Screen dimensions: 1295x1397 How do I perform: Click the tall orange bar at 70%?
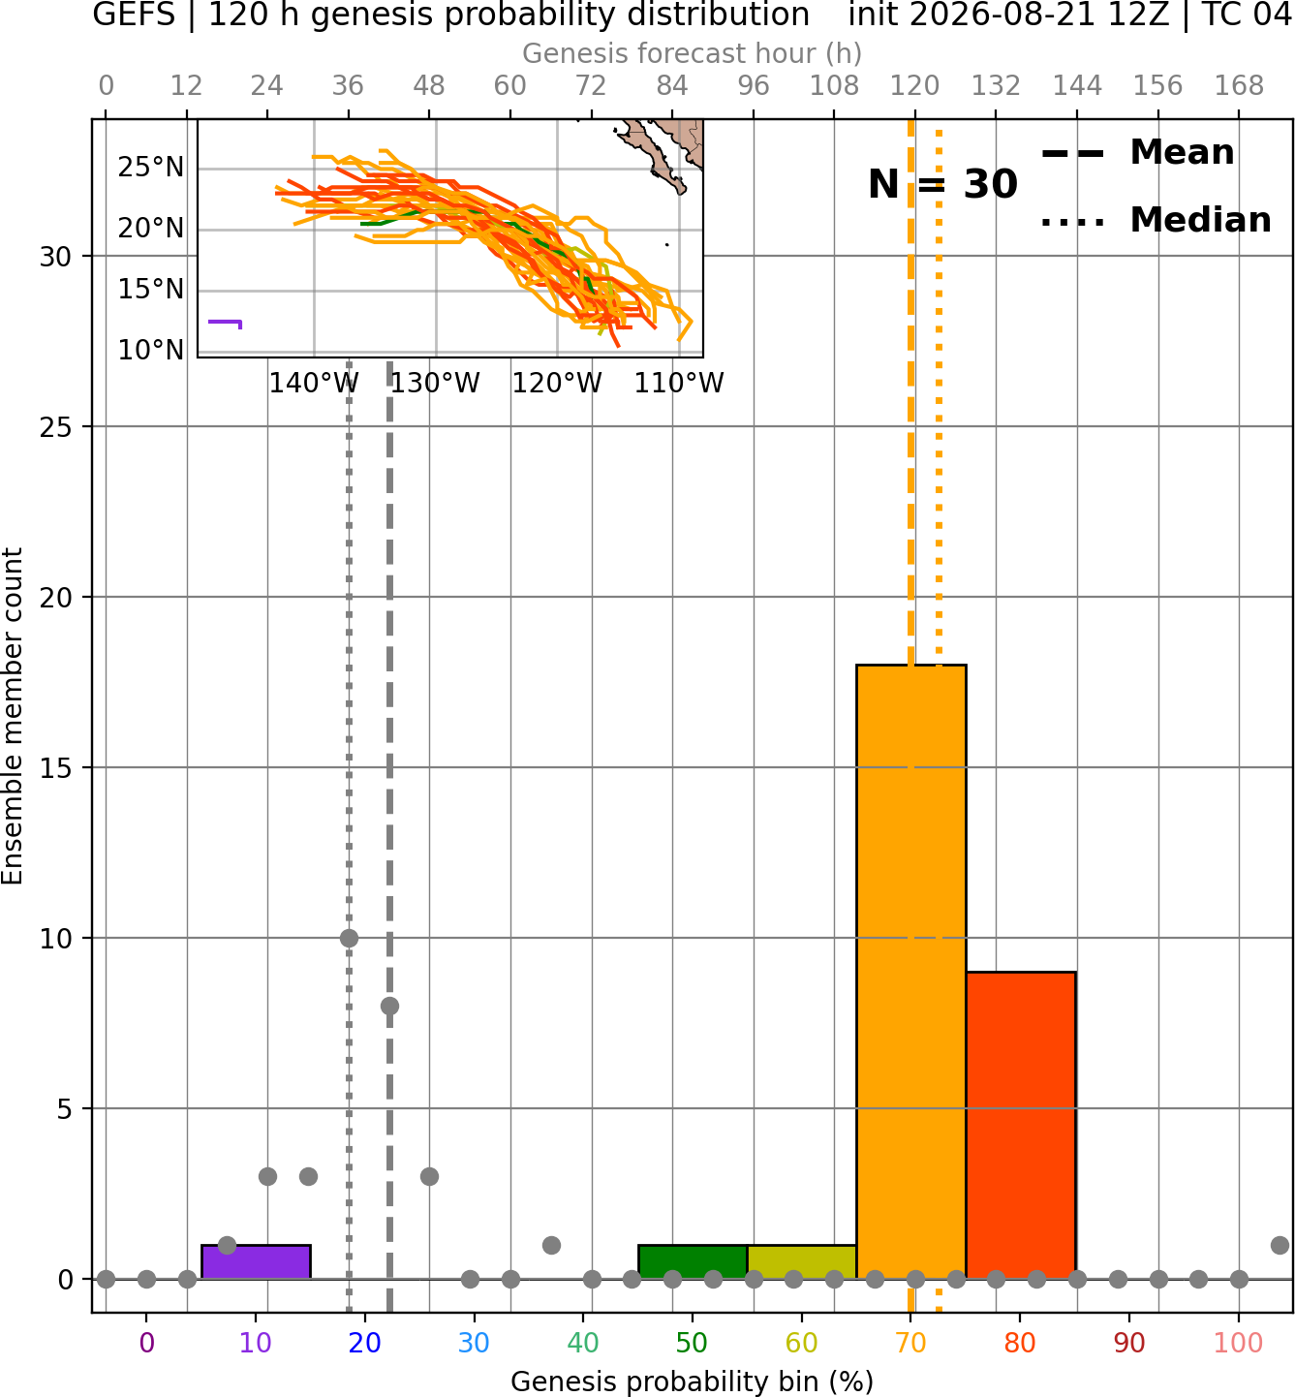(910, 972)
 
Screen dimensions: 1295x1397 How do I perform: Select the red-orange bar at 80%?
(1021, 1125)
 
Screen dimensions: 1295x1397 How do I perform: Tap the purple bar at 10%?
(256, 1262)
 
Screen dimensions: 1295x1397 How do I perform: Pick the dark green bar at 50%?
(693, 1262)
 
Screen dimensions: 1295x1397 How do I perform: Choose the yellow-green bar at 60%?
(802, 1262)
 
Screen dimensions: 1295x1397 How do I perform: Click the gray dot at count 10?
(349, 938)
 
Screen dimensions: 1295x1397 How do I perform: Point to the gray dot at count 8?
(389, 1006)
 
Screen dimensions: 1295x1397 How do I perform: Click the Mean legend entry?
(1137, 153)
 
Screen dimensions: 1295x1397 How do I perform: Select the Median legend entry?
(1156, 220)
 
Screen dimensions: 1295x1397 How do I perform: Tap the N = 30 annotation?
(942, 184)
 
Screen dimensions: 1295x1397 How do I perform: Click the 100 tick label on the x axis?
(1239, 1343)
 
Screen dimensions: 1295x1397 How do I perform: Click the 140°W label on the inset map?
(314, 384)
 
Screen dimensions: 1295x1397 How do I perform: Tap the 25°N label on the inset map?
(150, 168)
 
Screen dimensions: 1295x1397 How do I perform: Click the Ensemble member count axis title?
(12, 716)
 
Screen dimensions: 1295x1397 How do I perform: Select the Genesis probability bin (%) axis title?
(693, 1381)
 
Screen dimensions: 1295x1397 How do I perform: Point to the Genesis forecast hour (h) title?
(693, 53)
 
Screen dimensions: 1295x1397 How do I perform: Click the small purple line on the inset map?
(225, 323)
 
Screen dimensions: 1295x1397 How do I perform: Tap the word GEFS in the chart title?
(134, 15)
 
